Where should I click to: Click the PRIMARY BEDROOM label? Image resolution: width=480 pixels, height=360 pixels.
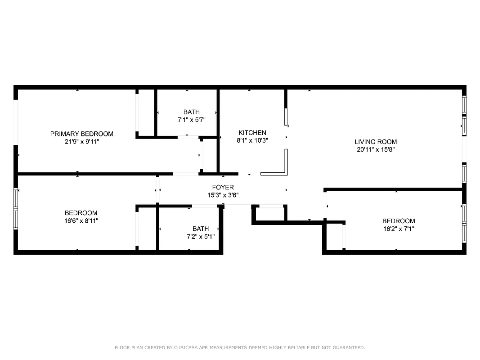coord(81,134)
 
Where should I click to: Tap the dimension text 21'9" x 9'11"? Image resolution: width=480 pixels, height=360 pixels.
coord(81,141)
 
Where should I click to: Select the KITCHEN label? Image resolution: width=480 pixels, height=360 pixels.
coord(252,133)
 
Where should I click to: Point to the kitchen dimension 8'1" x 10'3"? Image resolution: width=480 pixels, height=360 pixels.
coord(252,140)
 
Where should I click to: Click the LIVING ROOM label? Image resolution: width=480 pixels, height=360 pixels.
coord(376,142)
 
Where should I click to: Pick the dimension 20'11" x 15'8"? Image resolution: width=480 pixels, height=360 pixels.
coord(376,149)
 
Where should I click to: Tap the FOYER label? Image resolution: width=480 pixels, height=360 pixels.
coord(223,187)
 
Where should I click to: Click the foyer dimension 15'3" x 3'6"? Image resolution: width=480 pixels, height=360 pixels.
coord(223,195)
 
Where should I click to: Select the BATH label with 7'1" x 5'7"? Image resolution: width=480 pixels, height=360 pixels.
coord(191,112)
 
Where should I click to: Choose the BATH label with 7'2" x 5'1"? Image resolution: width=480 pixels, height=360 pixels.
coord(200,229)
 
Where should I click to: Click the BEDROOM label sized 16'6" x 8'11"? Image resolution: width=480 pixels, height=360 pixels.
coord(81,213)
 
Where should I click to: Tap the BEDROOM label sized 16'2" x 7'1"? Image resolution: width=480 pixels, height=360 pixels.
coord(399,221)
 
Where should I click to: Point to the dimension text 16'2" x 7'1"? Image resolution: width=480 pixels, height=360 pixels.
coord(399,229)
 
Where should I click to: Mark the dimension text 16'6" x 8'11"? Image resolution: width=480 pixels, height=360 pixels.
coord(81,220)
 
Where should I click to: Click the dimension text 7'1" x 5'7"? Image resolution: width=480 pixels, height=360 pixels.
coord(191,120)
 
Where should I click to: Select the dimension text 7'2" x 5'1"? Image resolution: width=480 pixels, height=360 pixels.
coord(200,236)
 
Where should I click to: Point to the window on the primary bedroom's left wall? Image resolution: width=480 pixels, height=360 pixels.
coord(15,122)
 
